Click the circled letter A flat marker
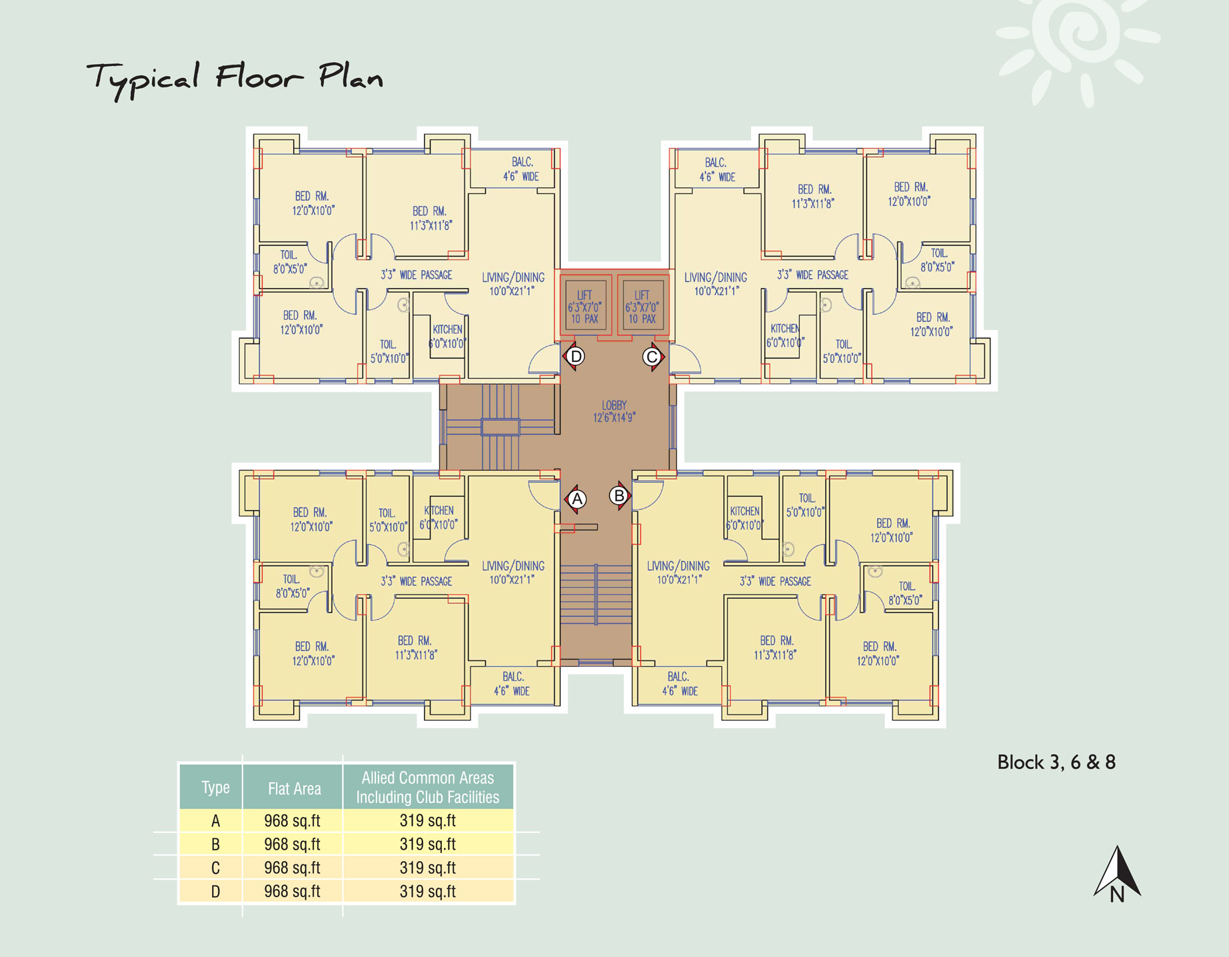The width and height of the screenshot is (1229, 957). [x=577, y=499]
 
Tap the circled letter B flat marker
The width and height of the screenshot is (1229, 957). [x=619, y=496]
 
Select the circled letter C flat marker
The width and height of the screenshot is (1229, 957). [x=652, y=357]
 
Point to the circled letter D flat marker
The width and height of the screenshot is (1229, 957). [x=577, y=356]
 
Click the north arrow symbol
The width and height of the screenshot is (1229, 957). [x=1118, y=874]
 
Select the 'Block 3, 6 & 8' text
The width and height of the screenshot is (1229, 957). [x=1056, y=762]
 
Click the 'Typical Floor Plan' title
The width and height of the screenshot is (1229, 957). [x=235, y=79]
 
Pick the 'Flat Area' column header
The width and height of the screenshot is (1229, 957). [x=294, y=789]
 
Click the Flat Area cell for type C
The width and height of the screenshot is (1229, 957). [x=292, y=868]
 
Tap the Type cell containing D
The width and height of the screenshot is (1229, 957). [x=215, y=892]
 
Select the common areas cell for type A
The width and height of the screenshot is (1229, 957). [x=428, y=820]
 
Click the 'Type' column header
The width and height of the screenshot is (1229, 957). [x=215, y=788]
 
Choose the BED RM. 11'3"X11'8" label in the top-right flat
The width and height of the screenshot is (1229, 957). [x=814, y=197]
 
